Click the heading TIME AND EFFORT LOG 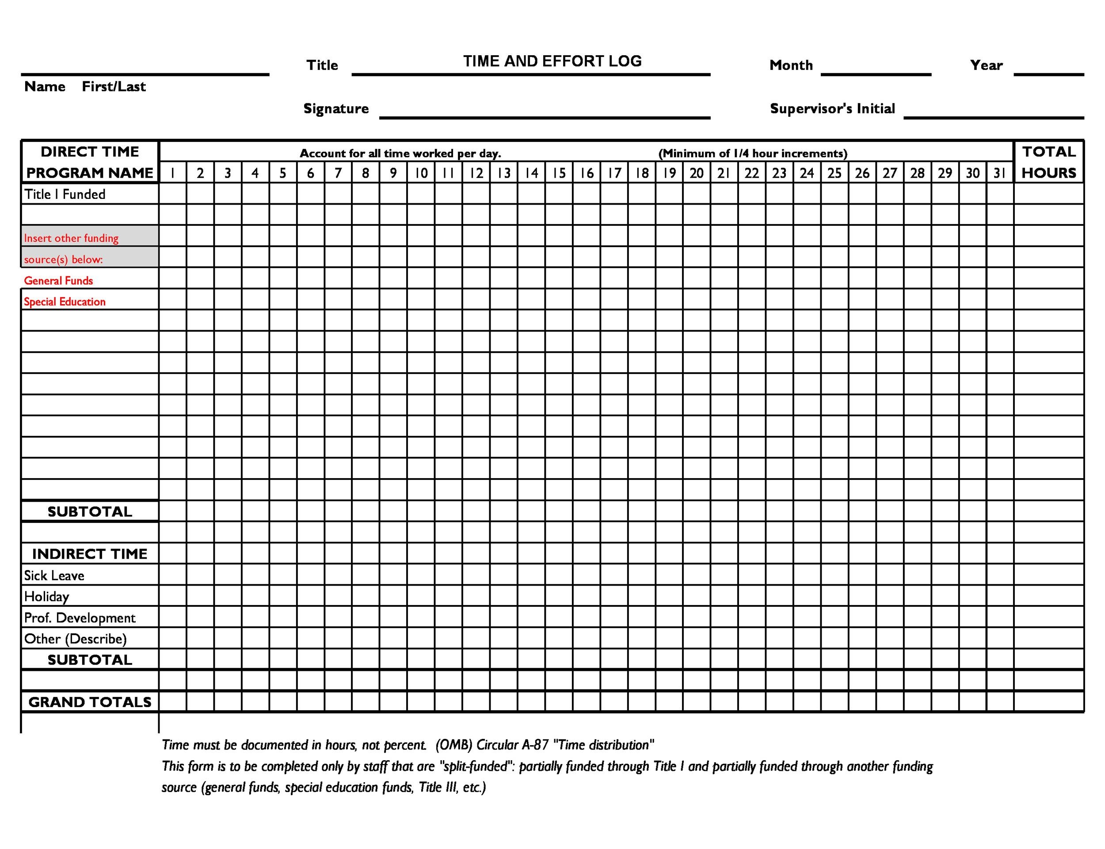(x=552, y=61)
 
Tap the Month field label (x=791, y=65)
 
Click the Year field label (x=986, y=65)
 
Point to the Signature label (x=336, y=109)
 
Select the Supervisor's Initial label (x=832, y=109)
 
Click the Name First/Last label (x=85, y=87)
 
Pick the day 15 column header (x=558, y=173)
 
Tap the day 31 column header (x=999, y=173)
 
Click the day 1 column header (x=172, y=173)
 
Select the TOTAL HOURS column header (x=1048, y=162)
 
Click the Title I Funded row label (x=65, y=194)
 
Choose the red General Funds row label (x=59, y=281)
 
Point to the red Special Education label (x=65, y=302)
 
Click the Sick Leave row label (x=54, y=575)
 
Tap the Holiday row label (x=46, y=597)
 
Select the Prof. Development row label (x=80, y=618)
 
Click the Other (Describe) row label (x=75, y=639)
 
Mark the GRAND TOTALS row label (x=90, y=702)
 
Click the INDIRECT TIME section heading (x=90, y=554)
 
